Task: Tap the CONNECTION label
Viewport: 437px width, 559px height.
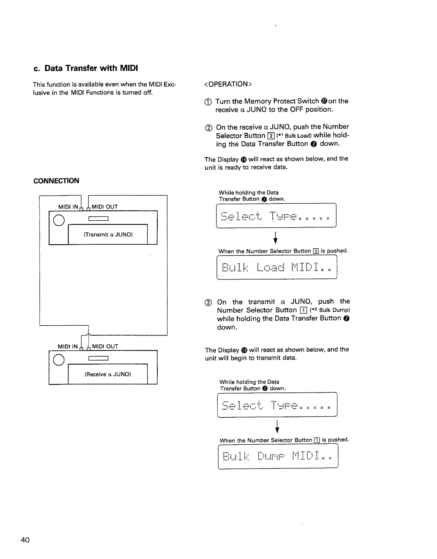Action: coord(56,181)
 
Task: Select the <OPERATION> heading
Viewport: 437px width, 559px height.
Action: coord(229,84)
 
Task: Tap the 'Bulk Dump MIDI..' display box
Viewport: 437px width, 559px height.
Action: coord(278,457)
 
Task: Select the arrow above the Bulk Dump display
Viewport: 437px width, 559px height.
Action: coord(278,427)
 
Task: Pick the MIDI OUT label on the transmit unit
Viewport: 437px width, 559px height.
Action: coord(104,207)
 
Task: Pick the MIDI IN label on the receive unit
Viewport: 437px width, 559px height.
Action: coord(67,346)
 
